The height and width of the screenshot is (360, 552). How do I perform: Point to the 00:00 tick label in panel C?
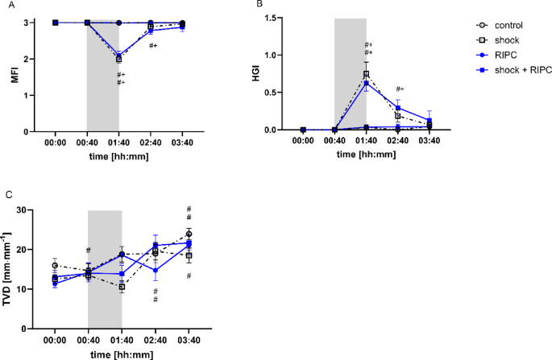pyautogui.click(x=55, y=341)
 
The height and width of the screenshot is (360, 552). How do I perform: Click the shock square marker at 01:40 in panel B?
pyautogui.click(x=366, y=73)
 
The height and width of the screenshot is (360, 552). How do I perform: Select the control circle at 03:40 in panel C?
pyautogui.click(x=189, y=234)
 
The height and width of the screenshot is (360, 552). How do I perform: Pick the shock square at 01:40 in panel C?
pyautogui.click(x=122, y=287)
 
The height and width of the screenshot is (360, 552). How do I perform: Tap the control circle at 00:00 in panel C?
pyautogui.click(x=55, y=265)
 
